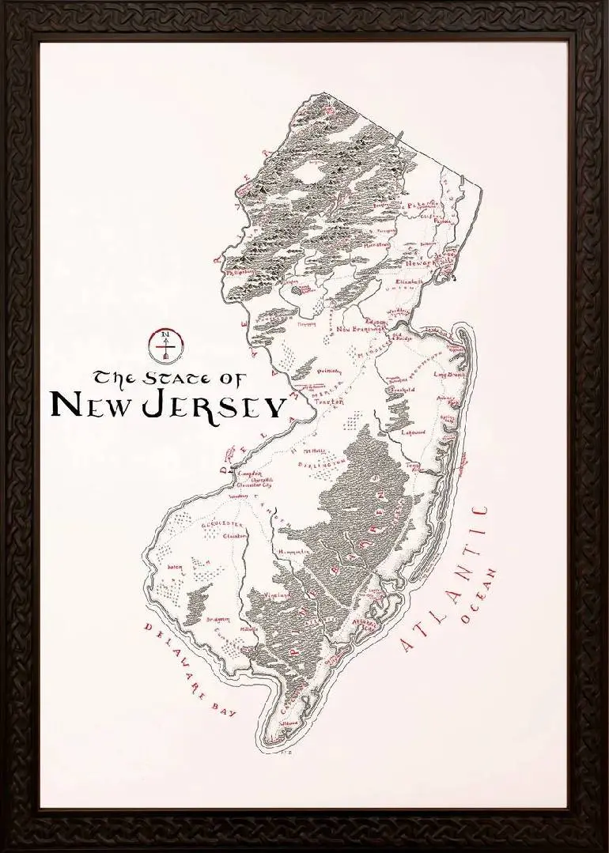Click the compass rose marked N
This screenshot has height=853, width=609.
(x=166, y=343)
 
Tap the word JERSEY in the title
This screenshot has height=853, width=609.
(x=214, y=405)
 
